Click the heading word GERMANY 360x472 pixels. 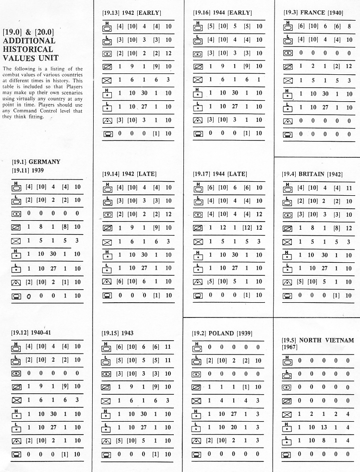(x=45, y=162)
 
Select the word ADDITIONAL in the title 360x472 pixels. (x=29, y=41)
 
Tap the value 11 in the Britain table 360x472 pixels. (x=349, y=188)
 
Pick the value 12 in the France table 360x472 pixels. (x=349, y=67)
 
